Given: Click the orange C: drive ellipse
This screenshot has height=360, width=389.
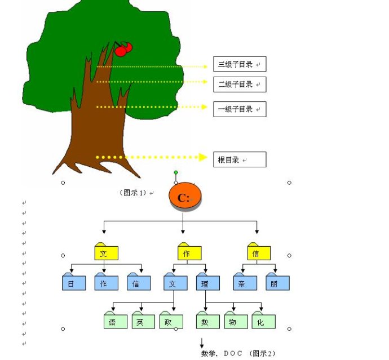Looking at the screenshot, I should pyautogui.click(x=185, y=197).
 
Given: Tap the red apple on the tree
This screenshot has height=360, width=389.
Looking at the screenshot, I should pyautogui.click(x=122, y=51).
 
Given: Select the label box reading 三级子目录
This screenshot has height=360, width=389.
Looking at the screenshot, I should pyautogui.click(x=239, y=64).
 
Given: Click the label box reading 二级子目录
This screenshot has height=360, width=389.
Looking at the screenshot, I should pyautogui.click(x=239, y=85).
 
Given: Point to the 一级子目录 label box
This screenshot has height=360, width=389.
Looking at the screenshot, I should pyautogui.click(x=239, y=109).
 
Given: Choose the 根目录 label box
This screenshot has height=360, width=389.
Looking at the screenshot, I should pyautogui.click(x=239, y=160).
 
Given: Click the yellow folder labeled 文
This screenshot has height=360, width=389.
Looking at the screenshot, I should pyautogui.click(x=106, y=252).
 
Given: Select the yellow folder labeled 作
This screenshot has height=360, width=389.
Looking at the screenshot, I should pyautogui.click(x=189, y=252).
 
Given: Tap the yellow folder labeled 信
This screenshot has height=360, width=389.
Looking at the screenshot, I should pyautogui.click(x=259, y=252).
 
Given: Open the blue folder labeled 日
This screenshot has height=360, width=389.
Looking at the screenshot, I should pyautogui.click(x=74, y=283).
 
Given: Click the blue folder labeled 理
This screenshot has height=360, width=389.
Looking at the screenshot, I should pyautogui.click(x=207, y=283).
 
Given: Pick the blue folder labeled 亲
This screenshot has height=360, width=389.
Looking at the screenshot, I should pyautogui.click(x=245, y=283).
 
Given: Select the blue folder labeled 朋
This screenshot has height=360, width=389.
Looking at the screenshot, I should pyautogui.click(x=277, y=283).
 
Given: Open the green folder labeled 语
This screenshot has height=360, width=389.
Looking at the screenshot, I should pyautogui.click(x=116, y=321).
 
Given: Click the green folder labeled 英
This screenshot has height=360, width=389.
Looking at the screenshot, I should pyautogui.click(x=143, y=321).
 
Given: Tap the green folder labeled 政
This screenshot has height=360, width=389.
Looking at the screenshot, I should pyautogui.click(x=171, y=321).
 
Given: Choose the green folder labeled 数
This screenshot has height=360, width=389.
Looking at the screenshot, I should pyautogui.click(x=207, y=321).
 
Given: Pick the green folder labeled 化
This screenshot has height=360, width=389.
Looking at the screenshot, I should pyautogui.click(x=263, y=321).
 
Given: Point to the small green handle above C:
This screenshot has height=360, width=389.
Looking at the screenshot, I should pyautogui.click(x=176, y=172).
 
